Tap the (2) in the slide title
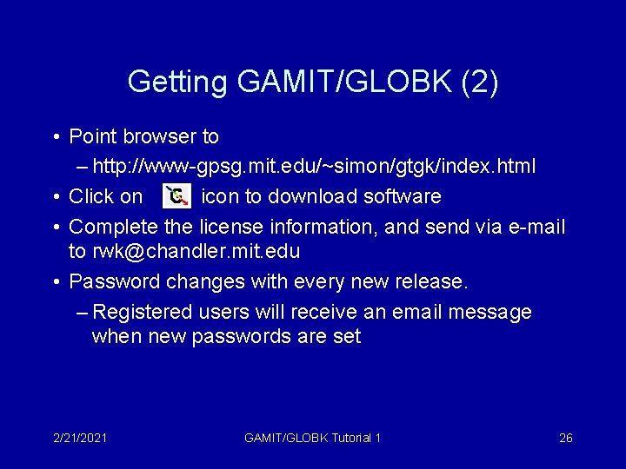(x=481, y=82)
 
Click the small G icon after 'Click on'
(x=176, y=196)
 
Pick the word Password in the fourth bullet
(x=114, y=281)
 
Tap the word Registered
(x=143, y=312)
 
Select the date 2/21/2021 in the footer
(x=79, y=438)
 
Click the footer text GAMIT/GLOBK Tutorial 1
(x=313, y=438)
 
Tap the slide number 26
(x=565, y=438)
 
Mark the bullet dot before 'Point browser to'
(x=56, y=137)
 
